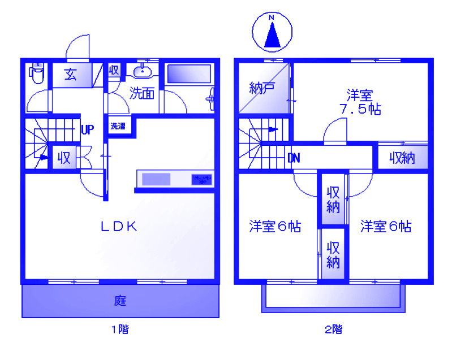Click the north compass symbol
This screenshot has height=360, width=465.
click(272, 32)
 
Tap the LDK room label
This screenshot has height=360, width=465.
click(119, 227)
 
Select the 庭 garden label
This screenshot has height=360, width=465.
click(120, 301)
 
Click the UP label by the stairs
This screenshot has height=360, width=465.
click(87, 129)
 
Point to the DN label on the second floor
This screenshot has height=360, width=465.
click(293, 158)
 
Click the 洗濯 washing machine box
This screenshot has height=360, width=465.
click(118, 127)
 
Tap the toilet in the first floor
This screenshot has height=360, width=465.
click(37, 73)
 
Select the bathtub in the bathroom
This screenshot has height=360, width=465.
click(189, 75)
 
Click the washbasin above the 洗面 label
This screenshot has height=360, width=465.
click(142, 71)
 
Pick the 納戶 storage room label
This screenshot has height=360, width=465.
click(262, 88)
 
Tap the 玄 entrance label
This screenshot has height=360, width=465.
click(71, 75)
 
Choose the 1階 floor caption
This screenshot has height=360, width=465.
click(119, 329)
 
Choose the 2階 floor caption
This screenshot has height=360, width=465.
click(333, 329)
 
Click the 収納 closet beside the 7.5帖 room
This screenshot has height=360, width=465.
click(402, 158)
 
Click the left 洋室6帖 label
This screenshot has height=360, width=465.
click(275, 227)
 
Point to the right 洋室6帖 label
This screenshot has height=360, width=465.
click(386, 227)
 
